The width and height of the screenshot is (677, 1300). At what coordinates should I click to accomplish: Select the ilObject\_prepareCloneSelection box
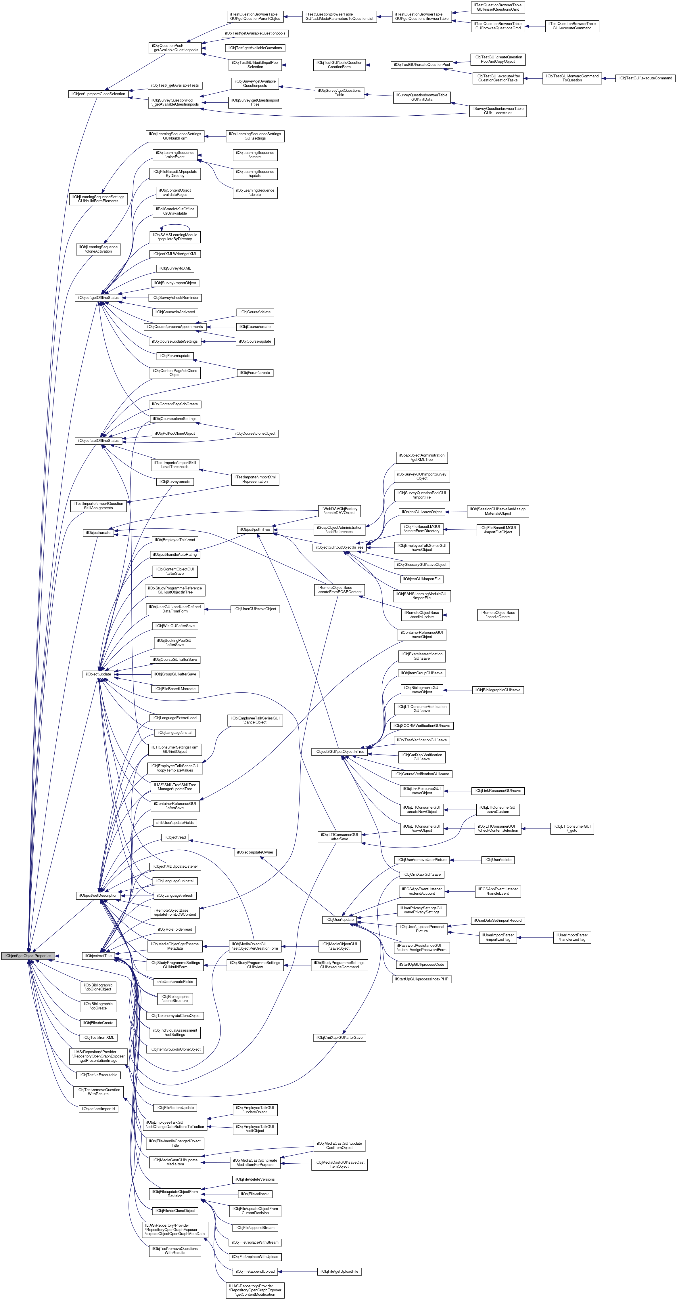[98, 94]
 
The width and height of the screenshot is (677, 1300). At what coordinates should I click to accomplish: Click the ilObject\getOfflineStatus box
[98, 298]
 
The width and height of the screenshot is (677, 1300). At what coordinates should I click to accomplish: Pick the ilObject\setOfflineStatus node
[98, 440]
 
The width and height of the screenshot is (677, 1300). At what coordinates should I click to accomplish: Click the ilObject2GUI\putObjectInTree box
[339, 751]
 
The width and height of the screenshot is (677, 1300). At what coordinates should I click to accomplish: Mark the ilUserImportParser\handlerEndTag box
[571, 937]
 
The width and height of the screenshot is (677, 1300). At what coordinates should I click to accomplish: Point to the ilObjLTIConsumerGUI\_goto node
[571, 828]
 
